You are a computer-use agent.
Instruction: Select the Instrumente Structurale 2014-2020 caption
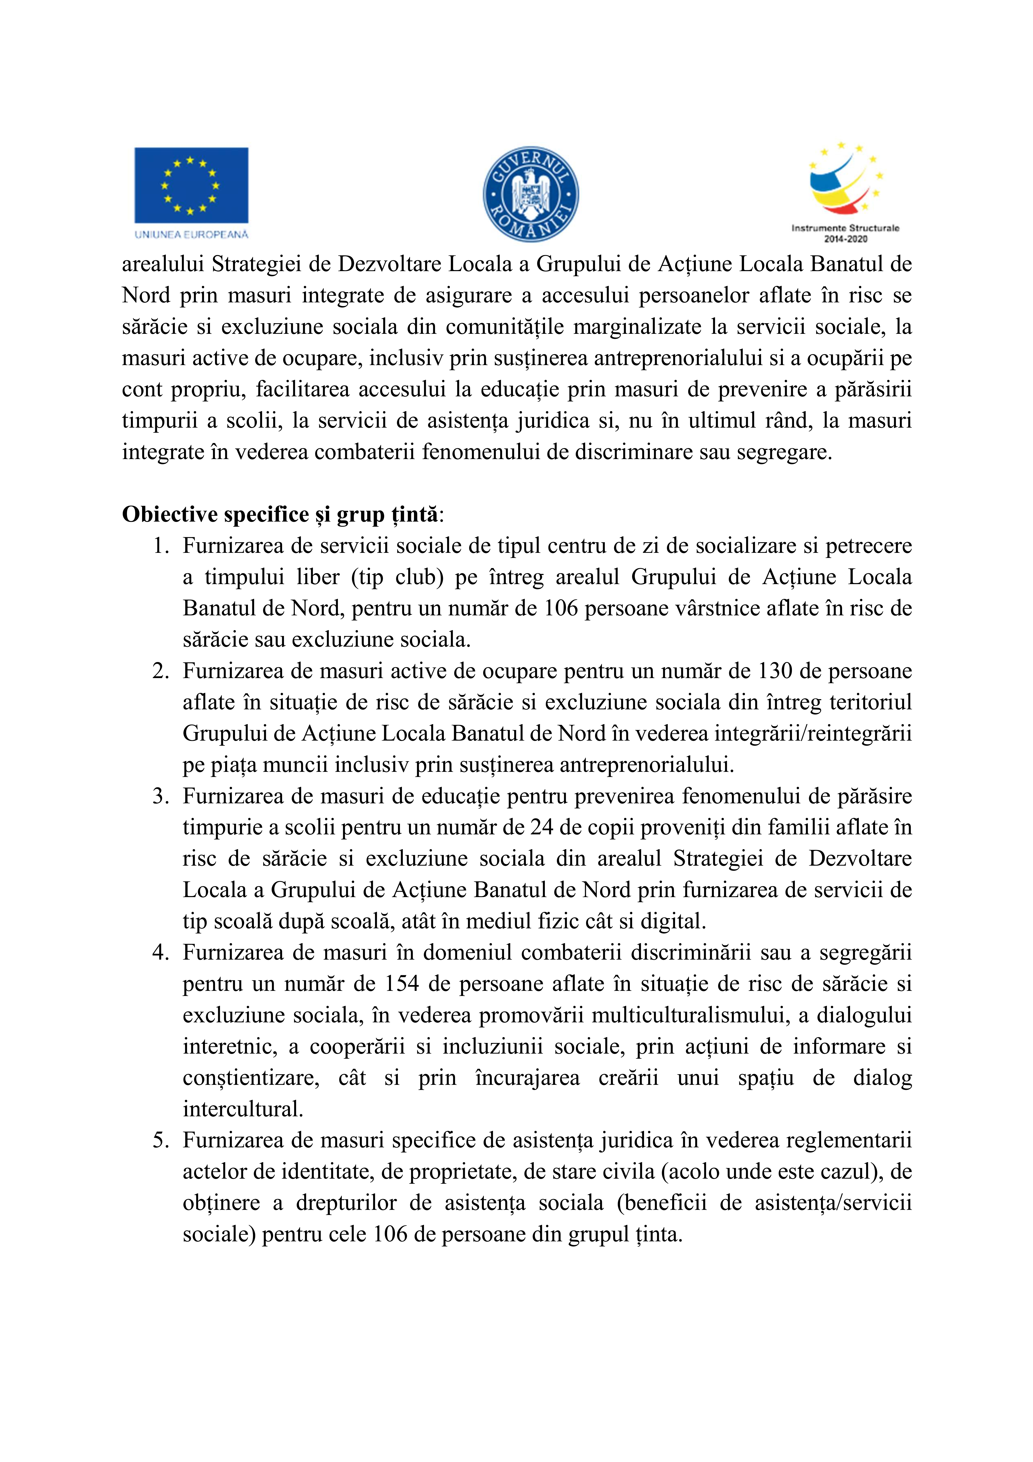[x=845, y=233]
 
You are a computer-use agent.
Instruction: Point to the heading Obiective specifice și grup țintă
[x=280, y=514]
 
